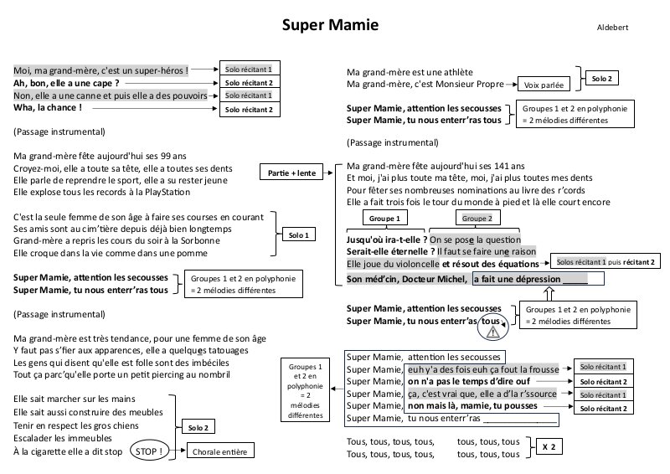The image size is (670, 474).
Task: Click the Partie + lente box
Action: (x=292, y=173)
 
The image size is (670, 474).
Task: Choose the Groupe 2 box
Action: (x=477, y=219)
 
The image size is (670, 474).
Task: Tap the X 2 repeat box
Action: (x=549, y=447)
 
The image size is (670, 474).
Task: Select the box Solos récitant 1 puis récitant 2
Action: (x=606, y=262)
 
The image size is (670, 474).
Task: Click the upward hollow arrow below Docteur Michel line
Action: (x=549, y=293)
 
